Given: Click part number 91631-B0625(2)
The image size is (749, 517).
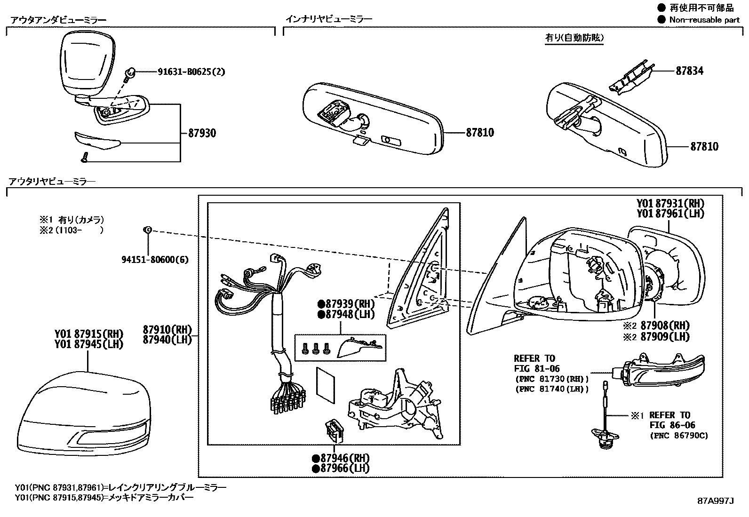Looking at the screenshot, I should (191, 72).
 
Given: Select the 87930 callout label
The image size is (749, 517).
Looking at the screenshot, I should (202, 133).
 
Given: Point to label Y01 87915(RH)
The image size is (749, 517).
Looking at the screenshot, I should (88, 334).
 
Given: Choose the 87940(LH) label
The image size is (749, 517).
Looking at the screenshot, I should (168, 339).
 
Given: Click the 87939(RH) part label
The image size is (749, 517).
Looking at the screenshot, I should (346, 303).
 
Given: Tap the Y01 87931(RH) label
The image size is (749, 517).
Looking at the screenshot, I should (670, 203).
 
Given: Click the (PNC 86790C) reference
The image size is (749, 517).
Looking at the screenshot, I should (678, 436).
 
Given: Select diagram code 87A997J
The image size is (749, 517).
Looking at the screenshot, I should (715, 501).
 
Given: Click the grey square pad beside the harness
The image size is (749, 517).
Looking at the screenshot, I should (326, 385).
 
